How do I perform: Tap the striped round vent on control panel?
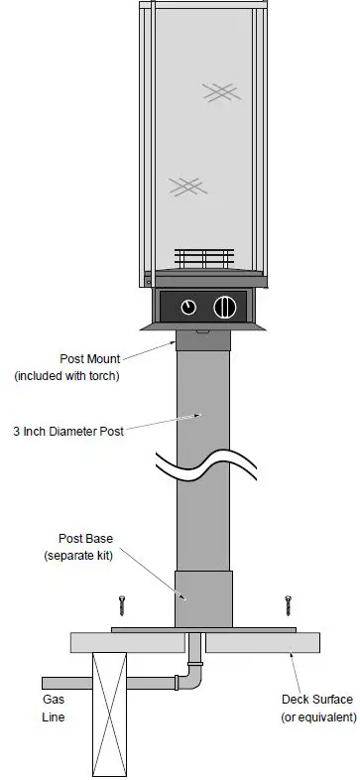click(x=226, y=306)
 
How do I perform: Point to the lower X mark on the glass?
click(x=185, y=185)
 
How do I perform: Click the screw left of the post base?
click(x=123, y=606)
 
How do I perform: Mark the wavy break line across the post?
click(x=204, y=465)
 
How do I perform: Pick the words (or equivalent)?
click(x=319, y=716)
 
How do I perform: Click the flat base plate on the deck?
click(x=204, y=629)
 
